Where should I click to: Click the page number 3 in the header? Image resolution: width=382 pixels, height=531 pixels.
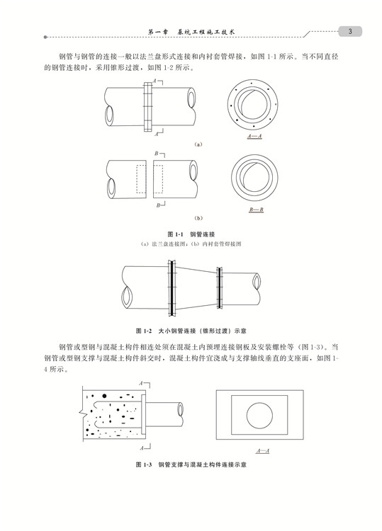point(350,31)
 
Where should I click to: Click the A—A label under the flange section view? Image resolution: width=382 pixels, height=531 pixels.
point(254,136)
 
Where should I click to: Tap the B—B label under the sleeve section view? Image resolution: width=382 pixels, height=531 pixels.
point(257,210)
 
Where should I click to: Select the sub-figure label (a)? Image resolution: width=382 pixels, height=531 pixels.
point(198,144)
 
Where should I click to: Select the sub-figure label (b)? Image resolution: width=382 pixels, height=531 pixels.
point(198,218)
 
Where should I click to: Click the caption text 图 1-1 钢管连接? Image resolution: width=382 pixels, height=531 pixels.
point(191,234)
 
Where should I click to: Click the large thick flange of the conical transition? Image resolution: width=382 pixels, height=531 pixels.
point(172,288)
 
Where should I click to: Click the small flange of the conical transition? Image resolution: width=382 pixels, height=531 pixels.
point(220,288)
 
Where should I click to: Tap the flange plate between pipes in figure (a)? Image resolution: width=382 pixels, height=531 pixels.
point(148,107)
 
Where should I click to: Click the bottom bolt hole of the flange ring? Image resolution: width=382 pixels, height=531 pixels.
point(254,126)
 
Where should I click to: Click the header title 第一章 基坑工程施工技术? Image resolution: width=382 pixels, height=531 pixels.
point(191,32)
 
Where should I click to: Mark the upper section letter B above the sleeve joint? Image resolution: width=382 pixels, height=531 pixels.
point(157,154)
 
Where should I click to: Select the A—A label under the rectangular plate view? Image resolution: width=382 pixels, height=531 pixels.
point(263,451)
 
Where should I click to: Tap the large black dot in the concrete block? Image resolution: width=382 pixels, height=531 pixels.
point(104,396)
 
